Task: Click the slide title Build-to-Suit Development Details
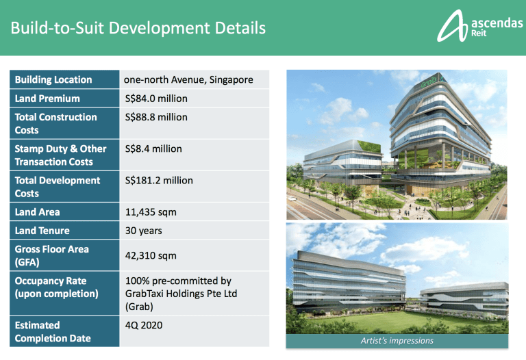click(138, 28)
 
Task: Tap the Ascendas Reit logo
click(479, 26)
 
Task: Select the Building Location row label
click(53, 80)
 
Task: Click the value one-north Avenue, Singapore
click(188, 80)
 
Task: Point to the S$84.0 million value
click(156, 99)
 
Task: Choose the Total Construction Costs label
click(55, 123)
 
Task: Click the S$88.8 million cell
click(156, 117)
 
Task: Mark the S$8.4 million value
click(153, 149)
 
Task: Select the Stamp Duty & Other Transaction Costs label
click(60, 155)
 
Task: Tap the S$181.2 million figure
click(159, 180)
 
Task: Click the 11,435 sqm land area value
click(151, 212)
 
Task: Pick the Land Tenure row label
click(42, 231)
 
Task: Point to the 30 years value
click(144, 231)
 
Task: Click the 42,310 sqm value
click(151, 256)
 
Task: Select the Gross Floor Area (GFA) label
click(51, 255)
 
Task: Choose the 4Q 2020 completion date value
click(144, 325)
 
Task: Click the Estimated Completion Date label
click(53, 331)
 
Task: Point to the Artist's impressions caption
click(397, 341)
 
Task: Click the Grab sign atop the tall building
click(429, 81)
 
